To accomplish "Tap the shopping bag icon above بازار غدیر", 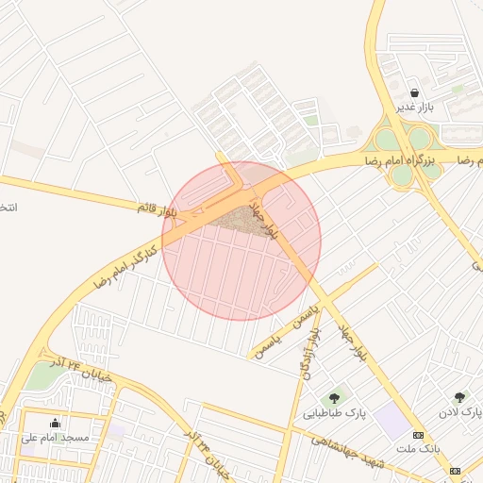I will (416, 92).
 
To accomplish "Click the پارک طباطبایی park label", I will (334, 413).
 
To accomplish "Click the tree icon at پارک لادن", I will (459, 398).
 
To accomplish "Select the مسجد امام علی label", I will (56, 438).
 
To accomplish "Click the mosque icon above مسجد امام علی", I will (55, 424).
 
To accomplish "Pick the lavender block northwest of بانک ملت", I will (391, 421).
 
